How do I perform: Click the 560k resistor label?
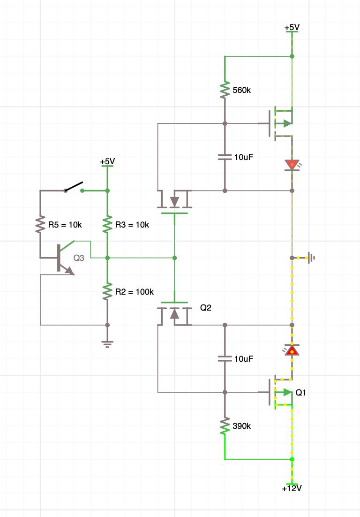click(241, 90)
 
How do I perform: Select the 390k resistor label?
click(241, 426)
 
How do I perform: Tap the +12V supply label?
click(292, 488)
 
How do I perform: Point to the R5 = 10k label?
click(65, 225)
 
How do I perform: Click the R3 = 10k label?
click(132, 225)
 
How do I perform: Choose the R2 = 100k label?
click(135, 292)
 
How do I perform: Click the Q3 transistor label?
click(79, 258)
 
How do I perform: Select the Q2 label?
click(206, 308)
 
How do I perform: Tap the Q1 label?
click(301, 392)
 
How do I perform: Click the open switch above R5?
click(74, 187)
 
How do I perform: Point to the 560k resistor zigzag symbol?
click(225, 90)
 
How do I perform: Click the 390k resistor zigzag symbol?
click(225, 426)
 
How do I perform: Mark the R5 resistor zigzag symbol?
click(40, 225)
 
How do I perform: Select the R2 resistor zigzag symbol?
click(107, 292)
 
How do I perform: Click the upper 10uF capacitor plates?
click(225, 157)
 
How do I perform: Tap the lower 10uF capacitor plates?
click(225, 359)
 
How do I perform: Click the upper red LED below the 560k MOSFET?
click(292, 165)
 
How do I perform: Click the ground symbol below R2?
click(107, 344)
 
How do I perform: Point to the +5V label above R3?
click(107, 161)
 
